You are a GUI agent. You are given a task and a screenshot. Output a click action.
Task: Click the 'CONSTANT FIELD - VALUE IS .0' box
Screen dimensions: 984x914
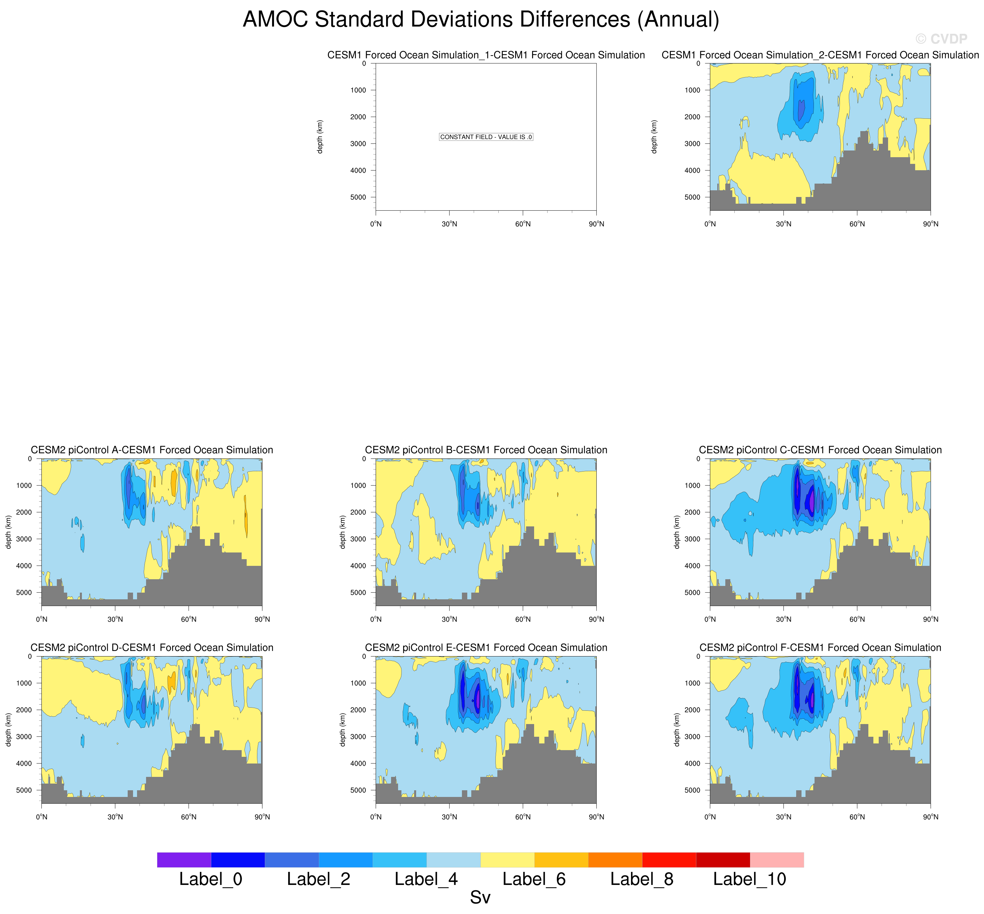486,137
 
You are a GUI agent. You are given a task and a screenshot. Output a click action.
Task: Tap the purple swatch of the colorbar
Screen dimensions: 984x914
184,859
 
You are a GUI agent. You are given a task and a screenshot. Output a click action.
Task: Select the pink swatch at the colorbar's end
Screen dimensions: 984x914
776,859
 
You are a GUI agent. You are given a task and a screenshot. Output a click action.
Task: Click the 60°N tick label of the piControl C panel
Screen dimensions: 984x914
857,619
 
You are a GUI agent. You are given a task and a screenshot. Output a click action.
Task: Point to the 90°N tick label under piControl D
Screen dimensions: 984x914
262,817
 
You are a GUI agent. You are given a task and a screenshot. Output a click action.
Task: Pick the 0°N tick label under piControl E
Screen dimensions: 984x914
376,817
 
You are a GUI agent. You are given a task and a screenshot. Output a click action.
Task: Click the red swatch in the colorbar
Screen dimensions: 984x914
669,859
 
